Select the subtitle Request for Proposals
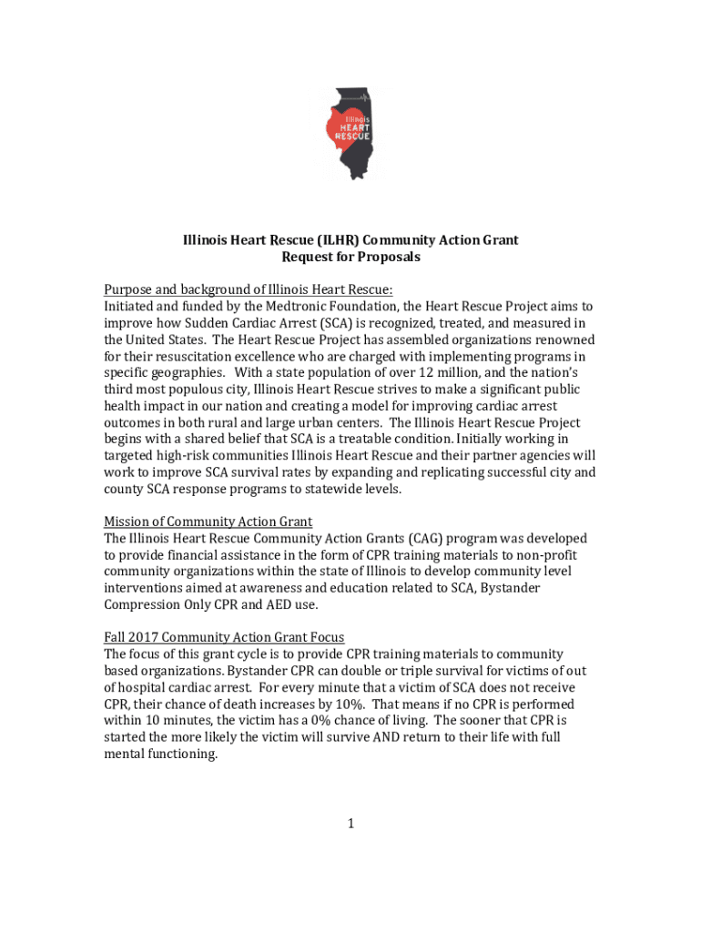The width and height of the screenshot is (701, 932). point(350,257)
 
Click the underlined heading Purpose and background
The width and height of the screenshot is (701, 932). point(248,290)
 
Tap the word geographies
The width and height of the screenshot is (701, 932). point(182,373)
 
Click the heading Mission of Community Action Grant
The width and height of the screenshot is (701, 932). point(208,522)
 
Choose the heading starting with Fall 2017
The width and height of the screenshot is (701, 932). point(224,638)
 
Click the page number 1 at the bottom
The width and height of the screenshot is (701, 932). point(350,825)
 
